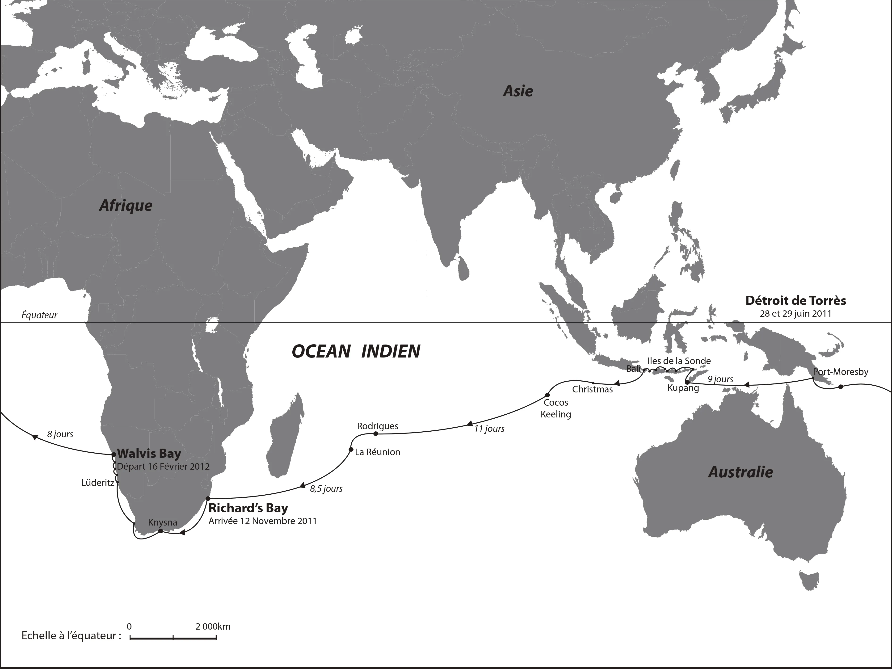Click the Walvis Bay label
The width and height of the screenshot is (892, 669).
pyautogui.click(x=149, y=454)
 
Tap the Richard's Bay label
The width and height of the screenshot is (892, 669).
pyautogui.click(x=248, y=508)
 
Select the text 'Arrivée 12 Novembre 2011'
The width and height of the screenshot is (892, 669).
pyautogui.click(x=262, y=521)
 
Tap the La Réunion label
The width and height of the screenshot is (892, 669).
pyautogui.click(x=377, y=452)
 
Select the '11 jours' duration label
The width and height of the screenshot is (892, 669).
pyautogui.click(x=489, y=429)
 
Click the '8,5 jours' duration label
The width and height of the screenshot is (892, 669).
pyautogui.click(x=326, y=489)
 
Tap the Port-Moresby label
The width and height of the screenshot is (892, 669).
pyautogui.click(x=840, y=372)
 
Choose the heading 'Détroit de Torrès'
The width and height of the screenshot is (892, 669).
pyautogui.click(x=796, y=301)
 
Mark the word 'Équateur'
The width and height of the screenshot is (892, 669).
pyautogui.click(x=39, y=315)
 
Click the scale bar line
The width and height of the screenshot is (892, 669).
pyautogui.click(x=173, y=638)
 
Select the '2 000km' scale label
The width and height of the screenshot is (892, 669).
pyautogui.click(x=213, y=627)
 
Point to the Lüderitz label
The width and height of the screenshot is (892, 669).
pyautogui.click(x=98, y=483)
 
